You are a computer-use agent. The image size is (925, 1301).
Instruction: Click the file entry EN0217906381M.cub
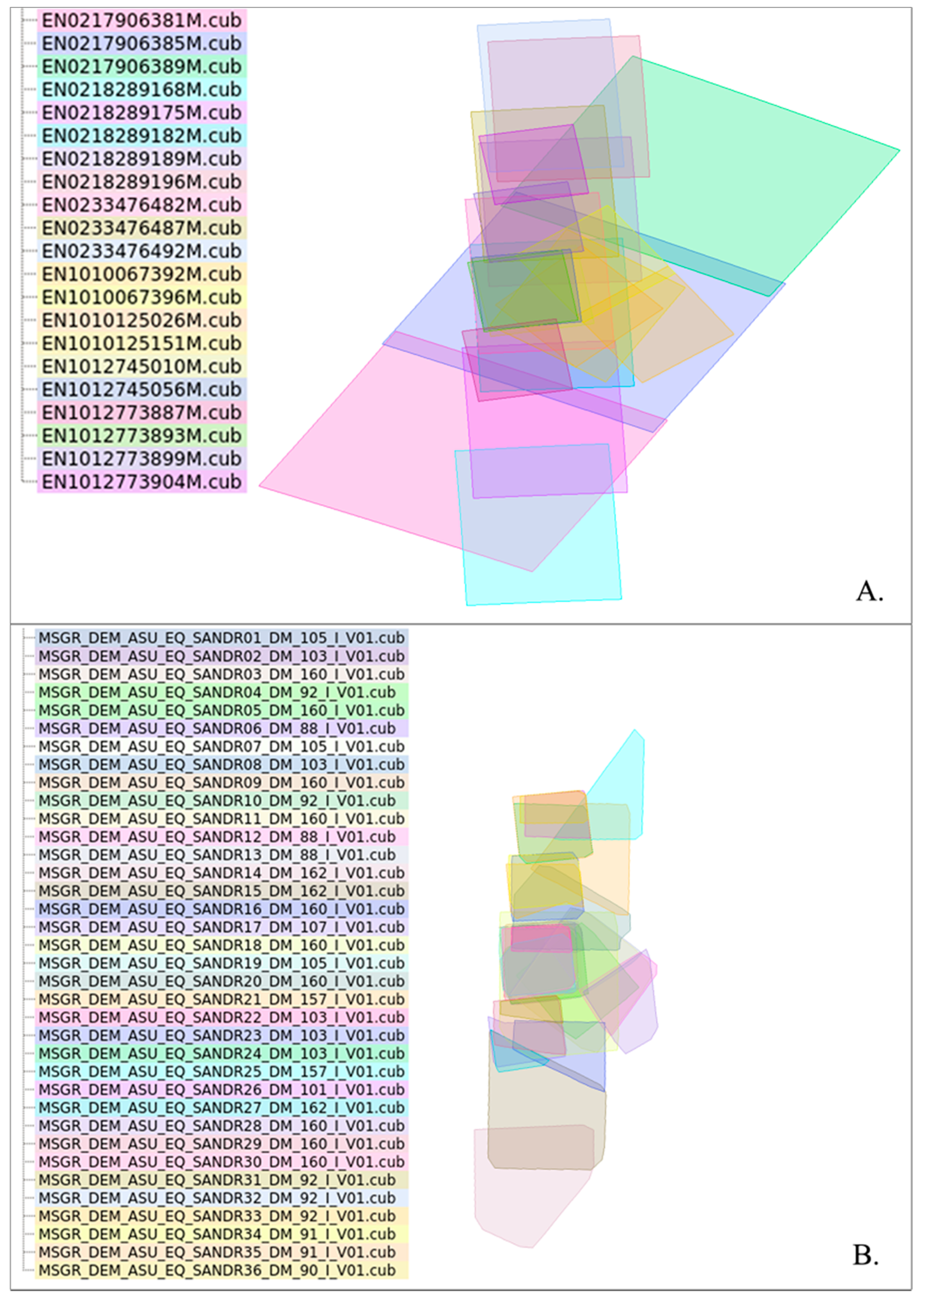(x=141, y=20)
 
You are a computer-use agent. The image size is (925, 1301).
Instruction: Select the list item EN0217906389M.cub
(x=141, y=67)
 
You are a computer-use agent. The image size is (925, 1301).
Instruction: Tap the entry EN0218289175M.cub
(x=141, y=113)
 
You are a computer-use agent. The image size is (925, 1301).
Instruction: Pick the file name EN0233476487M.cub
(x=141, y=228)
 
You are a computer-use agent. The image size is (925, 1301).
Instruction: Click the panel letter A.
(x=869, y=591)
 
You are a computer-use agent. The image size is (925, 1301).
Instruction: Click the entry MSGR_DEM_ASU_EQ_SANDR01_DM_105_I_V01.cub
(x=221, y=638)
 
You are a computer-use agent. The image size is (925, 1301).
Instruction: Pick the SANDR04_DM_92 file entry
(x=217, y=692)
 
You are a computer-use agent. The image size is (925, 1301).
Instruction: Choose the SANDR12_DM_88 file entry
(x=217, y=836)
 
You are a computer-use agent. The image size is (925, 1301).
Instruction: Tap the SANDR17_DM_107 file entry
(x=221, y=927)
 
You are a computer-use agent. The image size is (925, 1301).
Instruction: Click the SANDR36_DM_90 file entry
(x=217, y=1270)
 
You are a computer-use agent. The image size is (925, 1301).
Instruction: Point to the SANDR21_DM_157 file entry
(x=221, y=999)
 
